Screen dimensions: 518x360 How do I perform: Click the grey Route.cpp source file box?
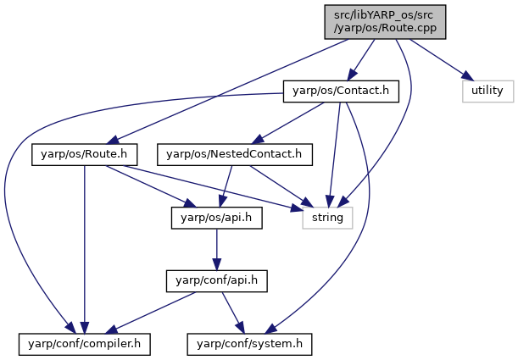385,22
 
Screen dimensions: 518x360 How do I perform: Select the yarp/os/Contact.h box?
341,91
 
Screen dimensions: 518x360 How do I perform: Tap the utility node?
488,91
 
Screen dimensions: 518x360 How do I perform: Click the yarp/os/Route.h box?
84,154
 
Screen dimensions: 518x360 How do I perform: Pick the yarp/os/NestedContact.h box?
235,154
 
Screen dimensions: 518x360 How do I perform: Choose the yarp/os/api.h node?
217,218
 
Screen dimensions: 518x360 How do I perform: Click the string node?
327,218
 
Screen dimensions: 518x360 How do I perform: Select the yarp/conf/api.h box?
217,281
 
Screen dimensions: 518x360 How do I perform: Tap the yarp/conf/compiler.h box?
85,345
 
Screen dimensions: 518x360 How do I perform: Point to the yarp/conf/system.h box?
249,345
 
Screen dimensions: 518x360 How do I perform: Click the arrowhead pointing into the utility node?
468,76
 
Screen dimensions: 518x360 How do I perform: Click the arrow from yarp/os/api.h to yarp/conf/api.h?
217,250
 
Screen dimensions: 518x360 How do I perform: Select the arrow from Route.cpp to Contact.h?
361,60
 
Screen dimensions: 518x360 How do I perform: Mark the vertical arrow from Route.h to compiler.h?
85,250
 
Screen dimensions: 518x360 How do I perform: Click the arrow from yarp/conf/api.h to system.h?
233,313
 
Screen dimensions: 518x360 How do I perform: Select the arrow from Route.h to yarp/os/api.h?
151,186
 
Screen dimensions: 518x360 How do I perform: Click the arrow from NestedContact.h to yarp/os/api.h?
226,186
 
